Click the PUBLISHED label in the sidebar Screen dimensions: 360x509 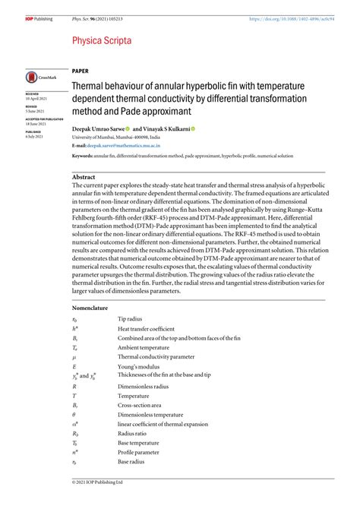click(x=34, y=131)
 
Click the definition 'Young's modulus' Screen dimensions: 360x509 click(x=139, y=365)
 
